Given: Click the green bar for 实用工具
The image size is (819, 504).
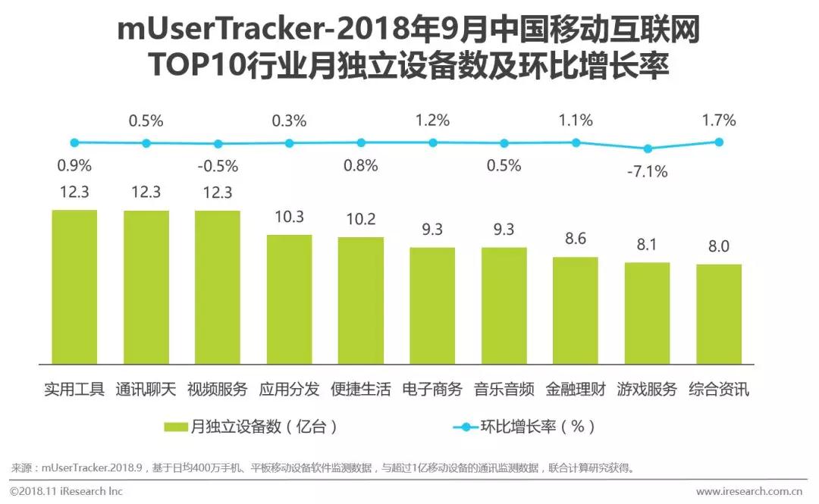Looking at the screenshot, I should coord(74,286).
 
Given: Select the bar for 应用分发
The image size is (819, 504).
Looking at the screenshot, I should coord(289,298).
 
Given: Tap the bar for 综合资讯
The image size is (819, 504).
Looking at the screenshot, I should coord(719,313).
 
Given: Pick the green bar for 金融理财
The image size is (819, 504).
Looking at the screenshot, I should coord(576,309).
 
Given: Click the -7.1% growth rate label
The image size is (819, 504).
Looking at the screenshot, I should coord(647,172).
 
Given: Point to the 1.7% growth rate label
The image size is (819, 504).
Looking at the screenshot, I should coord(719,120).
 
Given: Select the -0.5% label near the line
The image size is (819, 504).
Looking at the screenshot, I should coord(218,166).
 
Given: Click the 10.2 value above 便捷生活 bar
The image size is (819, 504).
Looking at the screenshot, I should coord(361,219).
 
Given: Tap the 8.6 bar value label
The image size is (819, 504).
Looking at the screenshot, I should coord(576,239).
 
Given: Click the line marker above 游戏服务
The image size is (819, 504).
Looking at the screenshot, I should coord(647,149).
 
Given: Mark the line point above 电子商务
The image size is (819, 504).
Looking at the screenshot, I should coord(432,142).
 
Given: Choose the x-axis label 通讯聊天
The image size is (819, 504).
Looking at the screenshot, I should coord(146,390).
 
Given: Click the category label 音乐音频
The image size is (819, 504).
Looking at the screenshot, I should coord(504,390).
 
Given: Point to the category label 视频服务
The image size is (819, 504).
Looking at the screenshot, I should coord(218,390).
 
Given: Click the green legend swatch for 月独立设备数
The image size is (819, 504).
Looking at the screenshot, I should coord(176,427).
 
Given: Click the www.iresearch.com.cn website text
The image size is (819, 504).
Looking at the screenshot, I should coord(751,491).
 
